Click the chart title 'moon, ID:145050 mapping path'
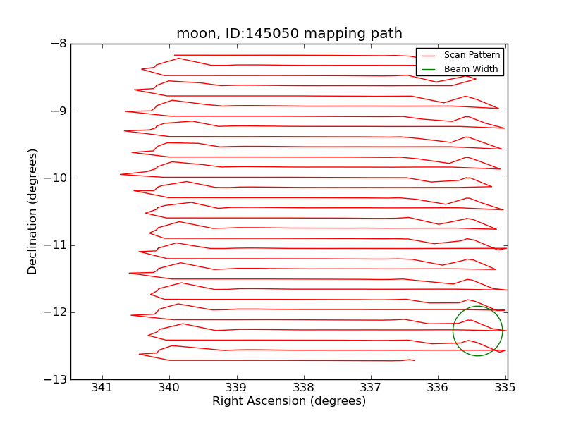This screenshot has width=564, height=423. coord(289,34)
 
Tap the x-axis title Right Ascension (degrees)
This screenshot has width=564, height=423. coord(289,401)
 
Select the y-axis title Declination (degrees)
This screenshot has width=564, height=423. coord(33,211)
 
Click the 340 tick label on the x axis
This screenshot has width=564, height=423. coord(169,387)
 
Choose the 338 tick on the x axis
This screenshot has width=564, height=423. coord(304,387)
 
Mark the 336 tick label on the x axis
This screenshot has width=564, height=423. coord(439,387)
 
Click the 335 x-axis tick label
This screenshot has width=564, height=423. coord(505,387)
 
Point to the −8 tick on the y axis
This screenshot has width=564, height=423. coord(58,44)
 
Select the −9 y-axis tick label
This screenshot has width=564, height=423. coord(58,111)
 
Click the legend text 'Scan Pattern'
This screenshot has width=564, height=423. coord(472,55)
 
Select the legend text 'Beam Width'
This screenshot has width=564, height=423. coord(471,69)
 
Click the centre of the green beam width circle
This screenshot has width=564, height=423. coord(478,331)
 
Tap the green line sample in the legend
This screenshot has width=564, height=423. coord(429,70)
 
